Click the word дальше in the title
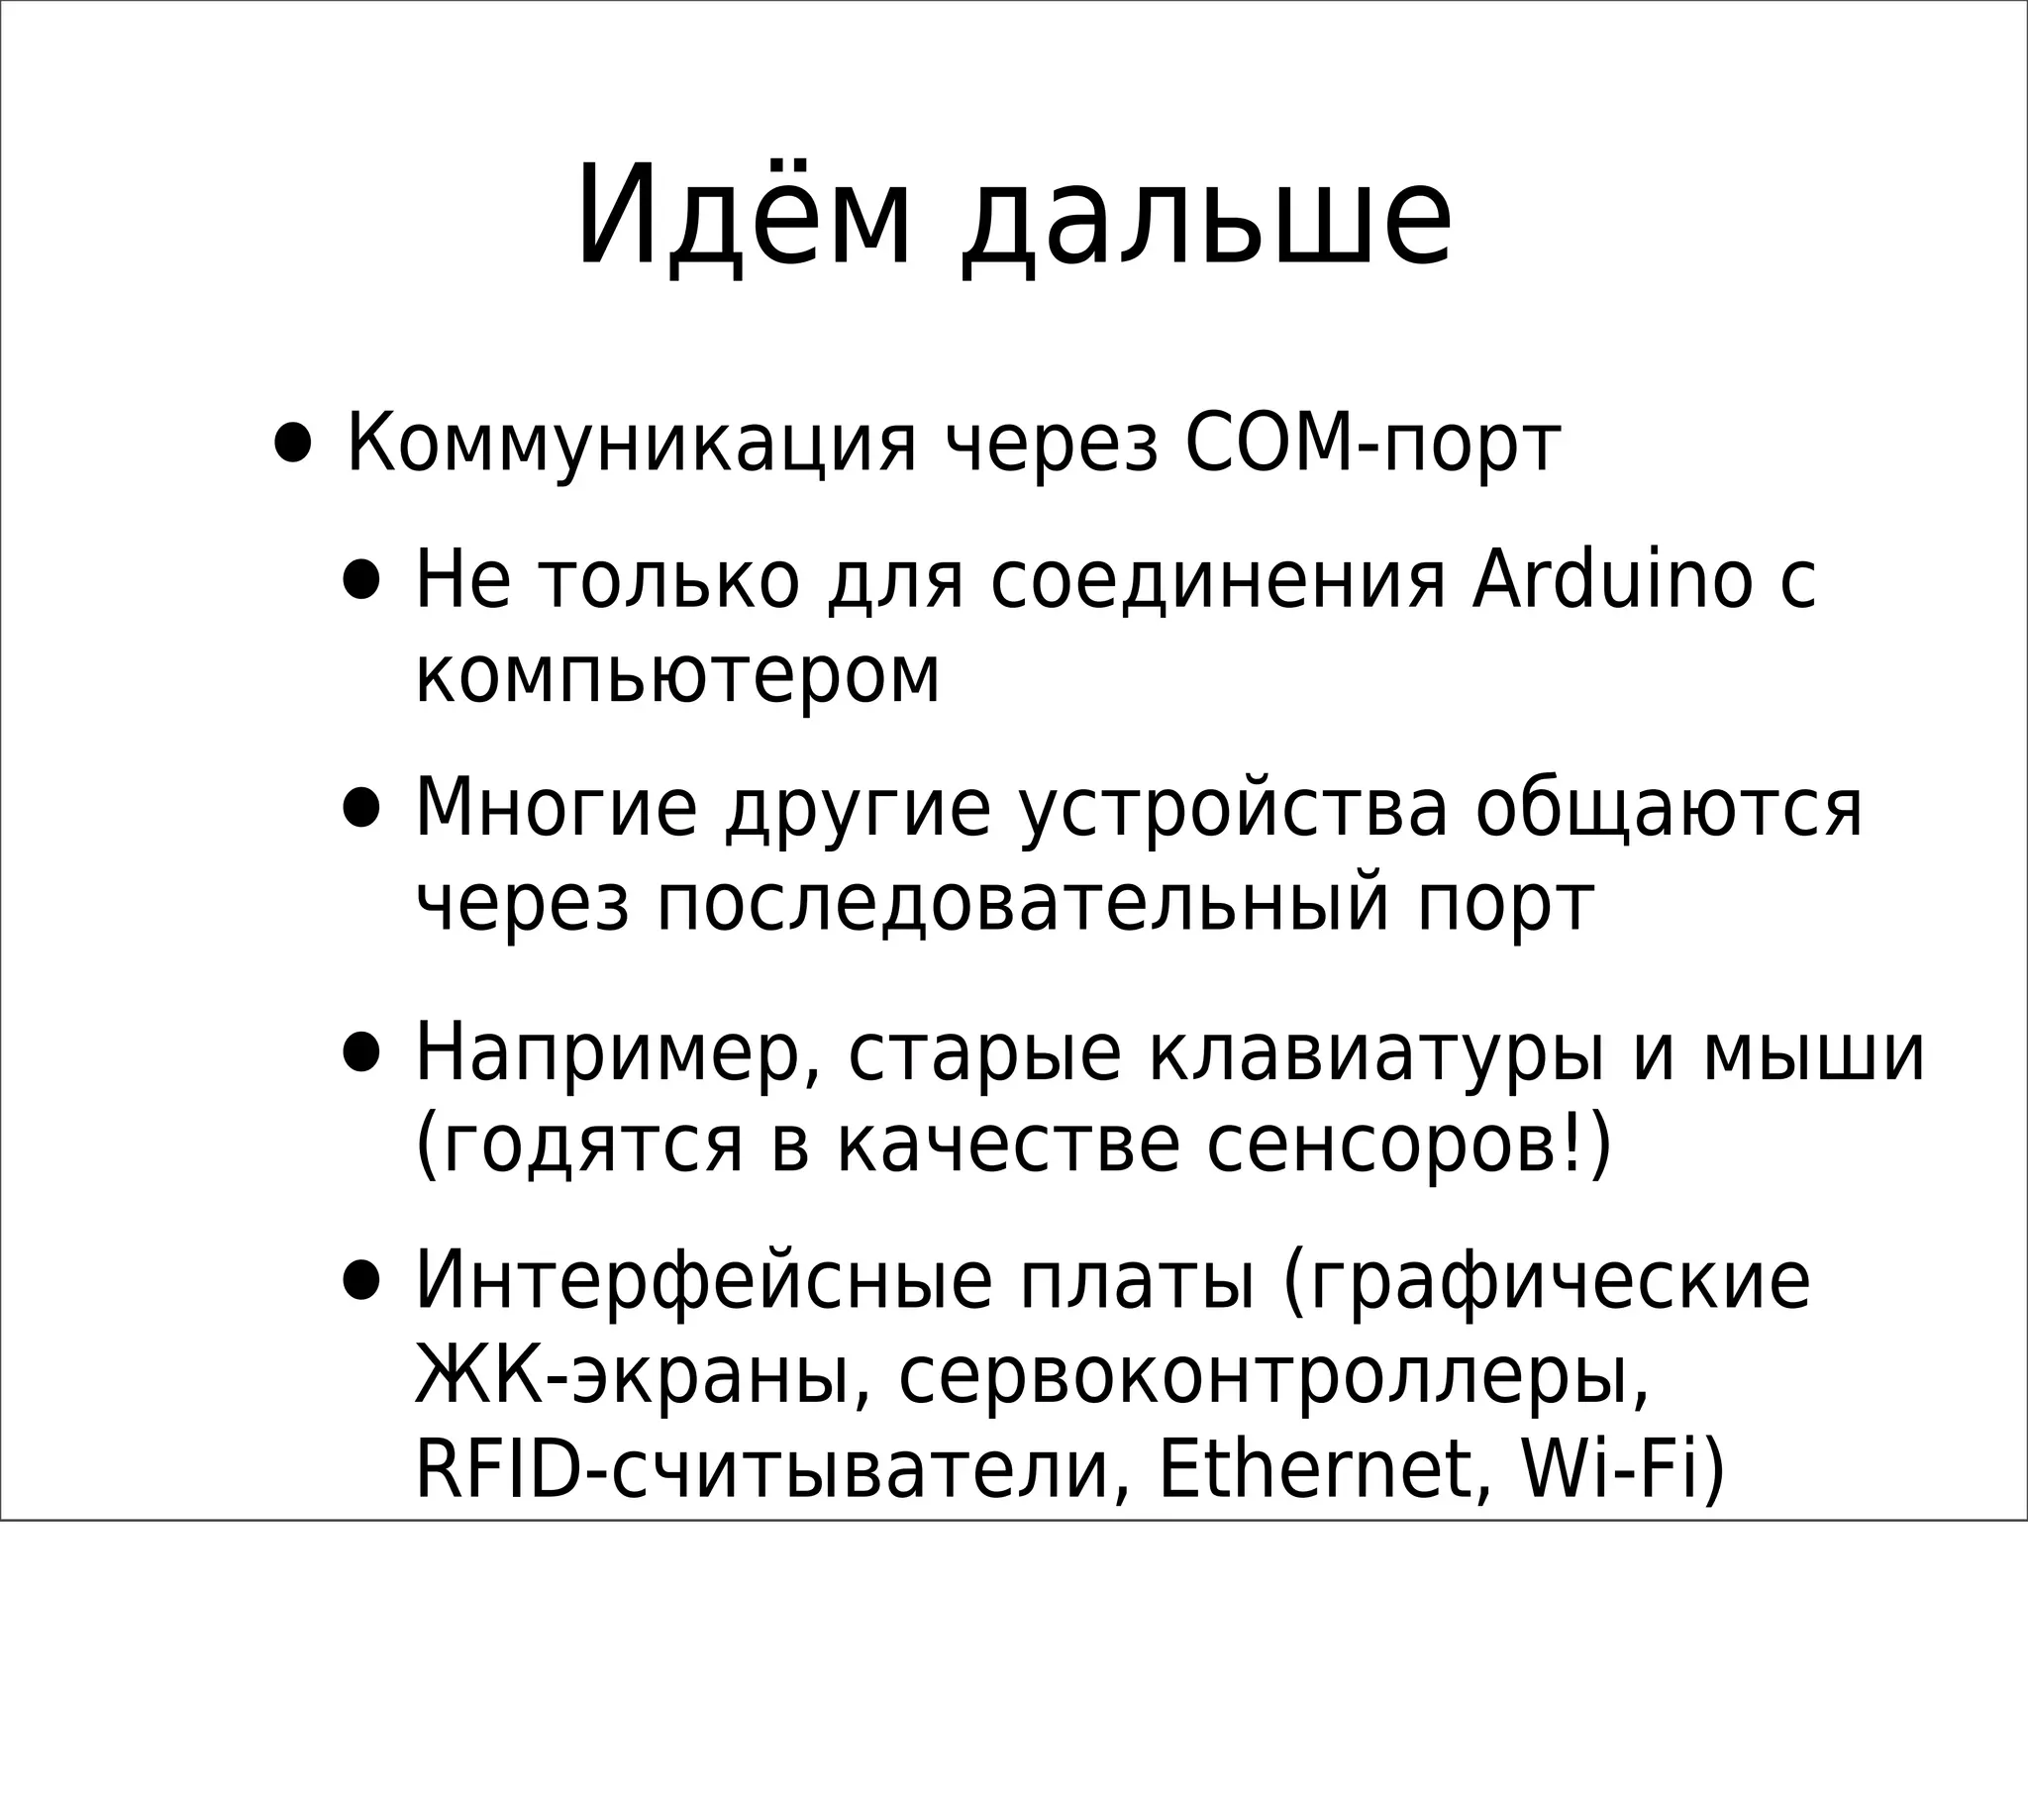1206,218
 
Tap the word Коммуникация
631,444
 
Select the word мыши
1814,1051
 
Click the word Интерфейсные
703,1280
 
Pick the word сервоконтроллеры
1274,1375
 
